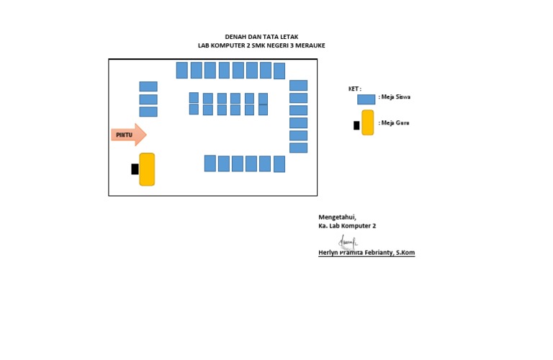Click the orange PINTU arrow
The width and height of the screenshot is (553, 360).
point(128,135)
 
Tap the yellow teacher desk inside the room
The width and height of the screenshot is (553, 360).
point(147,169)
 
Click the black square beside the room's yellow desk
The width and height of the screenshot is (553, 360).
point(135,169)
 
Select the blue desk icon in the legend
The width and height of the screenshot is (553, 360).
point(366,99)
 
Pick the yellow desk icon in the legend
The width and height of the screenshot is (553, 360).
point(367,122)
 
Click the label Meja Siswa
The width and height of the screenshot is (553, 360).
point(395,96)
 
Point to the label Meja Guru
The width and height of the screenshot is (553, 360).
point(395,123)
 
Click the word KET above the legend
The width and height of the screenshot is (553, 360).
point(354,89)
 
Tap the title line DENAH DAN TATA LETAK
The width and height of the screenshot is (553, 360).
point(261,37)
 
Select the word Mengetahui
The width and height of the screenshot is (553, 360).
point(337,217)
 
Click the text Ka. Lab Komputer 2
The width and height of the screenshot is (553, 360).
point(347,225)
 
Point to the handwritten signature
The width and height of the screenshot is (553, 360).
point(347,242)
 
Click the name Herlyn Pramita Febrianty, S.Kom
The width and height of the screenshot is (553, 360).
point(367,253)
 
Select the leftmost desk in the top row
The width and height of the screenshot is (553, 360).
point(181,70)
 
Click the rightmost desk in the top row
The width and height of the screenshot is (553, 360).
point(279,71)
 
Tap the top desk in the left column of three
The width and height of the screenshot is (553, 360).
point(148,86)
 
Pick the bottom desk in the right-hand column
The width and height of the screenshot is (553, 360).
point(298,148)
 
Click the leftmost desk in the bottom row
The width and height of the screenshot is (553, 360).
point(210,163)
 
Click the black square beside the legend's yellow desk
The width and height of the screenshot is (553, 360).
point(356,125)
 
